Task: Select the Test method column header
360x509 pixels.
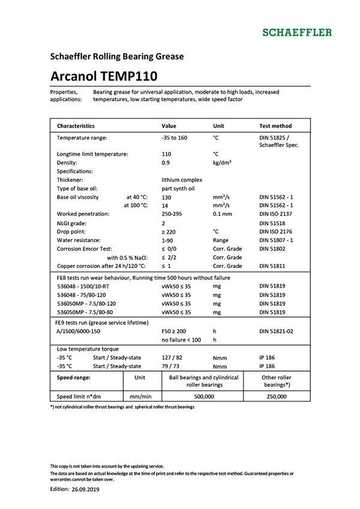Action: [x=275, y=126]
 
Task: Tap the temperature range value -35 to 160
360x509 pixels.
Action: [x=174, y=138]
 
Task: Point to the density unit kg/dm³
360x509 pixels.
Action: [x=223, y=162]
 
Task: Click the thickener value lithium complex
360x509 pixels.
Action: [x=182, y=179]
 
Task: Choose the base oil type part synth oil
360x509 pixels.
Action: [x=178, y=188]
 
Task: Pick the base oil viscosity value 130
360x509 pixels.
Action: [x=167, y=197]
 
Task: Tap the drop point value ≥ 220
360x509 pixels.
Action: [x=170, y=231]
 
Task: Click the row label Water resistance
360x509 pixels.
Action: [x=82, y=239]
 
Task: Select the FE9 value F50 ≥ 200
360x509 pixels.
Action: [x=175, y=331]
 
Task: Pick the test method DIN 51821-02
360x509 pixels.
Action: [x=278, y=331]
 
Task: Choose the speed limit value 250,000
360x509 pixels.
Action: [x=277, y=396]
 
